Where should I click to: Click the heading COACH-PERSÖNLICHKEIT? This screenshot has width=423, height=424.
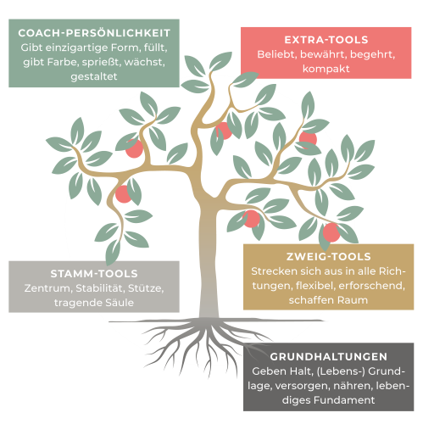coord(94,33)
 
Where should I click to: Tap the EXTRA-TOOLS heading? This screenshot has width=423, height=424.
coord(326,40)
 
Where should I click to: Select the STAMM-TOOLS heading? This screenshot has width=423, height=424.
coord(94,274)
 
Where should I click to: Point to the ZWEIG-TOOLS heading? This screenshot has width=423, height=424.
coord(328,257)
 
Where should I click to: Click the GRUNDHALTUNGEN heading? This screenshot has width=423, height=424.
coord(328,357)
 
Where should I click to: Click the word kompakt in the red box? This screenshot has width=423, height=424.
coord(326,69)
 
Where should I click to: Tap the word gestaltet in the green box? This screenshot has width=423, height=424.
coord(94,76)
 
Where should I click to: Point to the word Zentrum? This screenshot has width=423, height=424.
coord(48,288)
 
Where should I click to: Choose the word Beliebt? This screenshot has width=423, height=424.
coord(277,54)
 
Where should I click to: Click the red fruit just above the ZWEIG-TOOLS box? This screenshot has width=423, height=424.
coord(331,232)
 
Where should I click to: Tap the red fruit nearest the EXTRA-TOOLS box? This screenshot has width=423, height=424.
coord(308,139)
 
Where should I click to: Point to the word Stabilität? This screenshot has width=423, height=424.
coord(100,288)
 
